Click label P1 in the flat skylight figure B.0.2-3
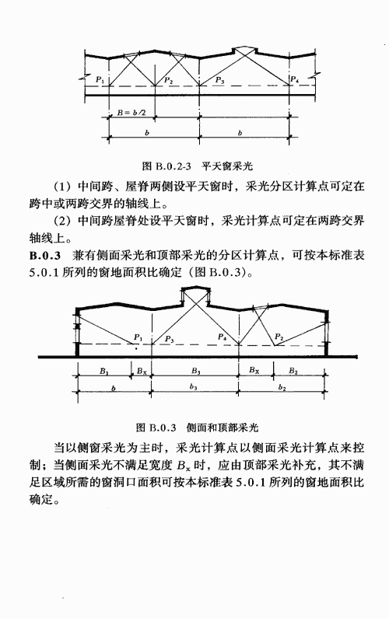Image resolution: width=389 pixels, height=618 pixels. (x=100, y=80)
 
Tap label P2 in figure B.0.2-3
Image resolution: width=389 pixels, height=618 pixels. (x=169, y=80)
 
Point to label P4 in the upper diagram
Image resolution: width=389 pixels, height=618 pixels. (x=294, y=79)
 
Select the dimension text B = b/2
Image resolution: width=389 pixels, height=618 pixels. (x=131, y=113)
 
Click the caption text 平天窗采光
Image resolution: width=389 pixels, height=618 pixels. (x=227, y=166)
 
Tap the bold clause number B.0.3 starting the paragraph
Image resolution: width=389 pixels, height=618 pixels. (x=45, y=256)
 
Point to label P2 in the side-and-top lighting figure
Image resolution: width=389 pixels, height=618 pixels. (x=279, y=337)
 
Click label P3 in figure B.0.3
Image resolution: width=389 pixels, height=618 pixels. (x=170, y=339)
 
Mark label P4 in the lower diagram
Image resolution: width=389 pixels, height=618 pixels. (x=222, y=337)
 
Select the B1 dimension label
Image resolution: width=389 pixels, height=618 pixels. (x=103, y=371)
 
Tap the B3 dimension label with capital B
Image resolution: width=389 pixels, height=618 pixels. (x=196, y=371)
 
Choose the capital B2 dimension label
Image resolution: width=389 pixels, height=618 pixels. (x=293, y=371)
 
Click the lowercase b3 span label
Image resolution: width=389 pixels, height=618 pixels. (x=193, y=386)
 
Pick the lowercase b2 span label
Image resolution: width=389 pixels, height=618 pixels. (x=282, y=387)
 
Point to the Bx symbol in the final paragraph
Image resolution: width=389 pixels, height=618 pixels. (x=184, y=466)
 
